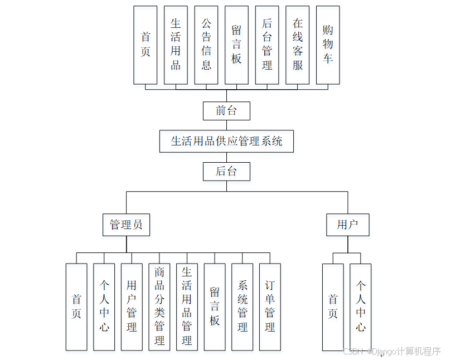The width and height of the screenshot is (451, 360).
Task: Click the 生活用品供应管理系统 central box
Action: [226, 141]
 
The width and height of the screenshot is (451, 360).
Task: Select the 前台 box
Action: [226, 111]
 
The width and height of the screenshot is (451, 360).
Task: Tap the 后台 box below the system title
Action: [226, 171]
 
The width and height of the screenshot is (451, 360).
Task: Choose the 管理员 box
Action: [126, 225]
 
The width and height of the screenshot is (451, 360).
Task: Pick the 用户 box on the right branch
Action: [347, 225]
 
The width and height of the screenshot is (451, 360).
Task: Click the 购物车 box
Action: [328, 45]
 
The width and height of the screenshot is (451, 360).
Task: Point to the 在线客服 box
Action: [297, 45]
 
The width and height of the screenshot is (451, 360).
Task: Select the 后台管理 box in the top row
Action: [267, 45]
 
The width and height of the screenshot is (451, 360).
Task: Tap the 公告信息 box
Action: [206, 45]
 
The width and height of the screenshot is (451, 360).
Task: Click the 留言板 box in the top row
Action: [236, 45]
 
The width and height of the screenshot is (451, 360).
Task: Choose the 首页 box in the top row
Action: [146, 45]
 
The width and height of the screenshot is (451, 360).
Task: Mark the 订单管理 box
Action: [270, 307]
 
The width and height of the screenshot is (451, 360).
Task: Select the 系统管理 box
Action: [243, 307]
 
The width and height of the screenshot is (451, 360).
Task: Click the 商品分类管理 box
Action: [159, 307]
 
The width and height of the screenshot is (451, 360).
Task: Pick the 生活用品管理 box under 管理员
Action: [187, 307]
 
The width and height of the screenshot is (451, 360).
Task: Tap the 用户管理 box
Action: [132, 307]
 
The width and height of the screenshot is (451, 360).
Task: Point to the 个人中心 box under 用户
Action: [361, 307]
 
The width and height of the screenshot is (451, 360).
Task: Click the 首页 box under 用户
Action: [333, 307]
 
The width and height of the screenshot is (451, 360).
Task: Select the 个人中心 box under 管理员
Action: [104, 307]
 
